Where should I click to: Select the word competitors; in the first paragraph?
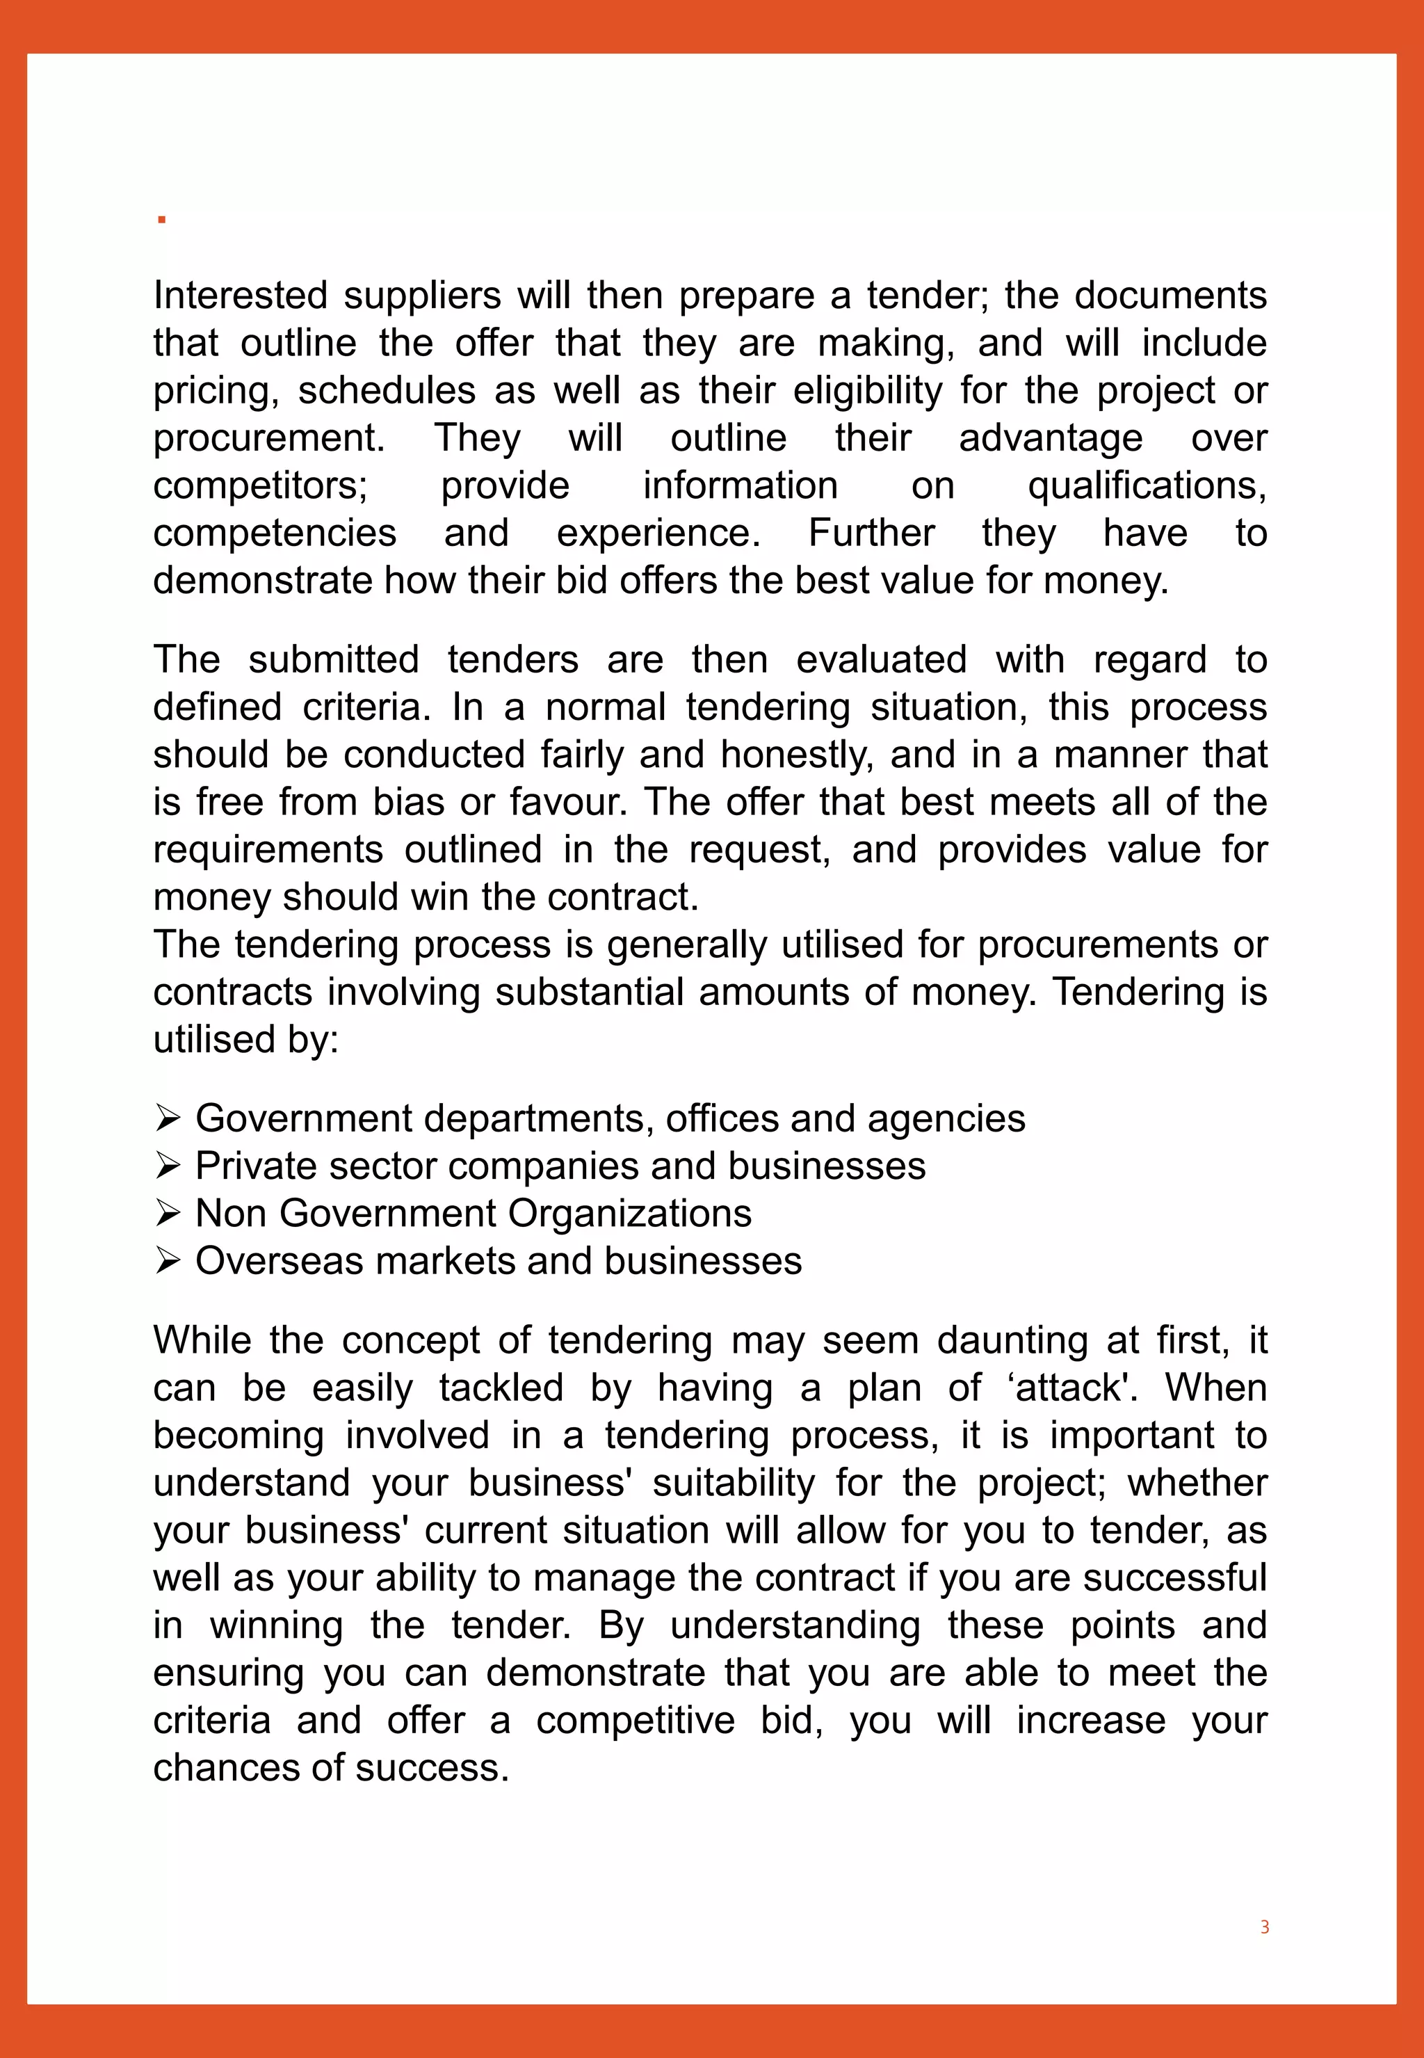[x=261, y=485]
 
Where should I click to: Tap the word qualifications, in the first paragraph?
[x=1147, y=485]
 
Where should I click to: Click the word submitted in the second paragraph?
[x=334, y=659]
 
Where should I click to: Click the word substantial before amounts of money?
[x=590, y=992]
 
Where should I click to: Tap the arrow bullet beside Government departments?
[x=168, y=1118]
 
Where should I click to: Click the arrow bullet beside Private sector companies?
[x=168, y=1166]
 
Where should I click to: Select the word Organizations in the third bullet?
[x=629, y=1214]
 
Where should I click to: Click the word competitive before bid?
[x=636, y=1721]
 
